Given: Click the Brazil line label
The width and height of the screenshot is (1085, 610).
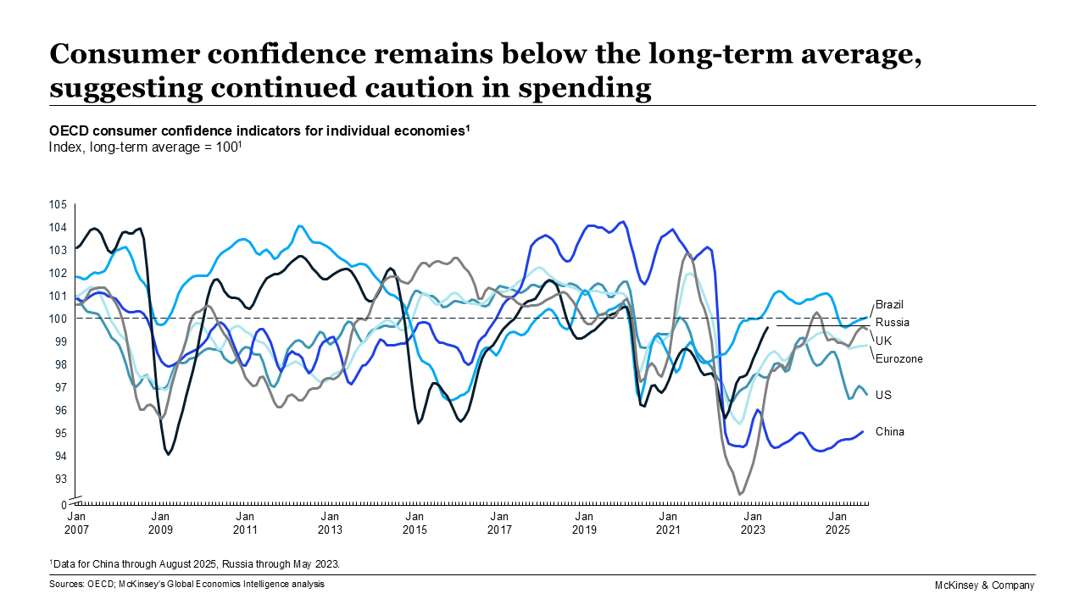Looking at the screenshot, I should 890,303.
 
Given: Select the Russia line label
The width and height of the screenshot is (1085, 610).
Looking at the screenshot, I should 892,322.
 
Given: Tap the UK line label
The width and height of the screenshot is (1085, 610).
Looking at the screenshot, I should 883,340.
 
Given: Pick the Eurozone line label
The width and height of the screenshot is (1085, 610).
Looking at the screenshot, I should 899,358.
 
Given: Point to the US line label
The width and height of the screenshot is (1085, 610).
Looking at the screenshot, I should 883,395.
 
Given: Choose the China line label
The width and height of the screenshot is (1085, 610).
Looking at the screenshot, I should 889,431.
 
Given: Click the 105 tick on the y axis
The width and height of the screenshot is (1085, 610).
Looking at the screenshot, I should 58,204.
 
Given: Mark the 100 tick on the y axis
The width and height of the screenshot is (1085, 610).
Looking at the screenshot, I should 58,319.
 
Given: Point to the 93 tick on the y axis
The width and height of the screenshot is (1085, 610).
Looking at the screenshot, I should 60,479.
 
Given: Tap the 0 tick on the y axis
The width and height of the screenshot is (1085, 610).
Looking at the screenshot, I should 63,504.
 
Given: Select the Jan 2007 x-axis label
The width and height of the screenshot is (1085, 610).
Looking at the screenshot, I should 75,523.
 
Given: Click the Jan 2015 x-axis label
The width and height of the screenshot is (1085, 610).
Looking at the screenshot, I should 415,523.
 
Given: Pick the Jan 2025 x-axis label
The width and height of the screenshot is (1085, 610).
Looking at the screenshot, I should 837,523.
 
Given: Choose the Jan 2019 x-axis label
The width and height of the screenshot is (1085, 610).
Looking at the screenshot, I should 583,523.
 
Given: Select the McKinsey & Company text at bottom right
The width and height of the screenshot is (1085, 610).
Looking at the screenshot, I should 983,585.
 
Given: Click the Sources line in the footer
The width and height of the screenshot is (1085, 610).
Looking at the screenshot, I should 186,584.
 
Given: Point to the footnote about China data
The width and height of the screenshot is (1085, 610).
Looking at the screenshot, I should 198,563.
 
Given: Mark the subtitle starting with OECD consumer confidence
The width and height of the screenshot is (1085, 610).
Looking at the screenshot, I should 259,130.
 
